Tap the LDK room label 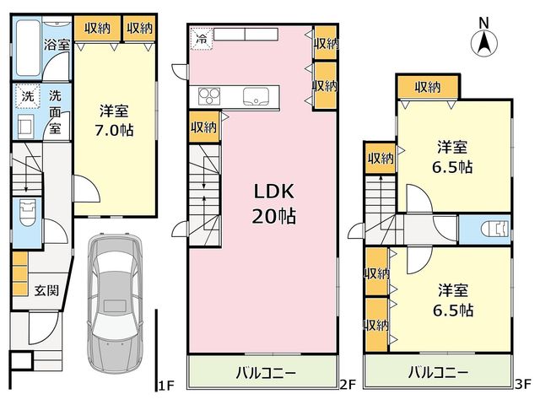pos(273,192)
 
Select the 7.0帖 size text pos(114,130)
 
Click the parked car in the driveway pos(115,302)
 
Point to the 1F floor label pos(167,386)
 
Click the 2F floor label pos(347,385)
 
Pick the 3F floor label pos(523,385)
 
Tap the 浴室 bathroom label pos(57,45)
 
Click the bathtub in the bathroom pos(28,48)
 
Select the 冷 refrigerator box pos(202,39)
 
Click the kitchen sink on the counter pos(256,96)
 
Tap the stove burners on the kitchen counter pos(209,96)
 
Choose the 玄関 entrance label pos(46,290)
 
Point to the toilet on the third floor pos(495,229)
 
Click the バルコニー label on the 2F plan pos(266,373)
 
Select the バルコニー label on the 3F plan pos(439,372)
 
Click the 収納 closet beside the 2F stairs pos(204,127)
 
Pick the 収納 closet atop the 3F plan pos(428,87)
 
